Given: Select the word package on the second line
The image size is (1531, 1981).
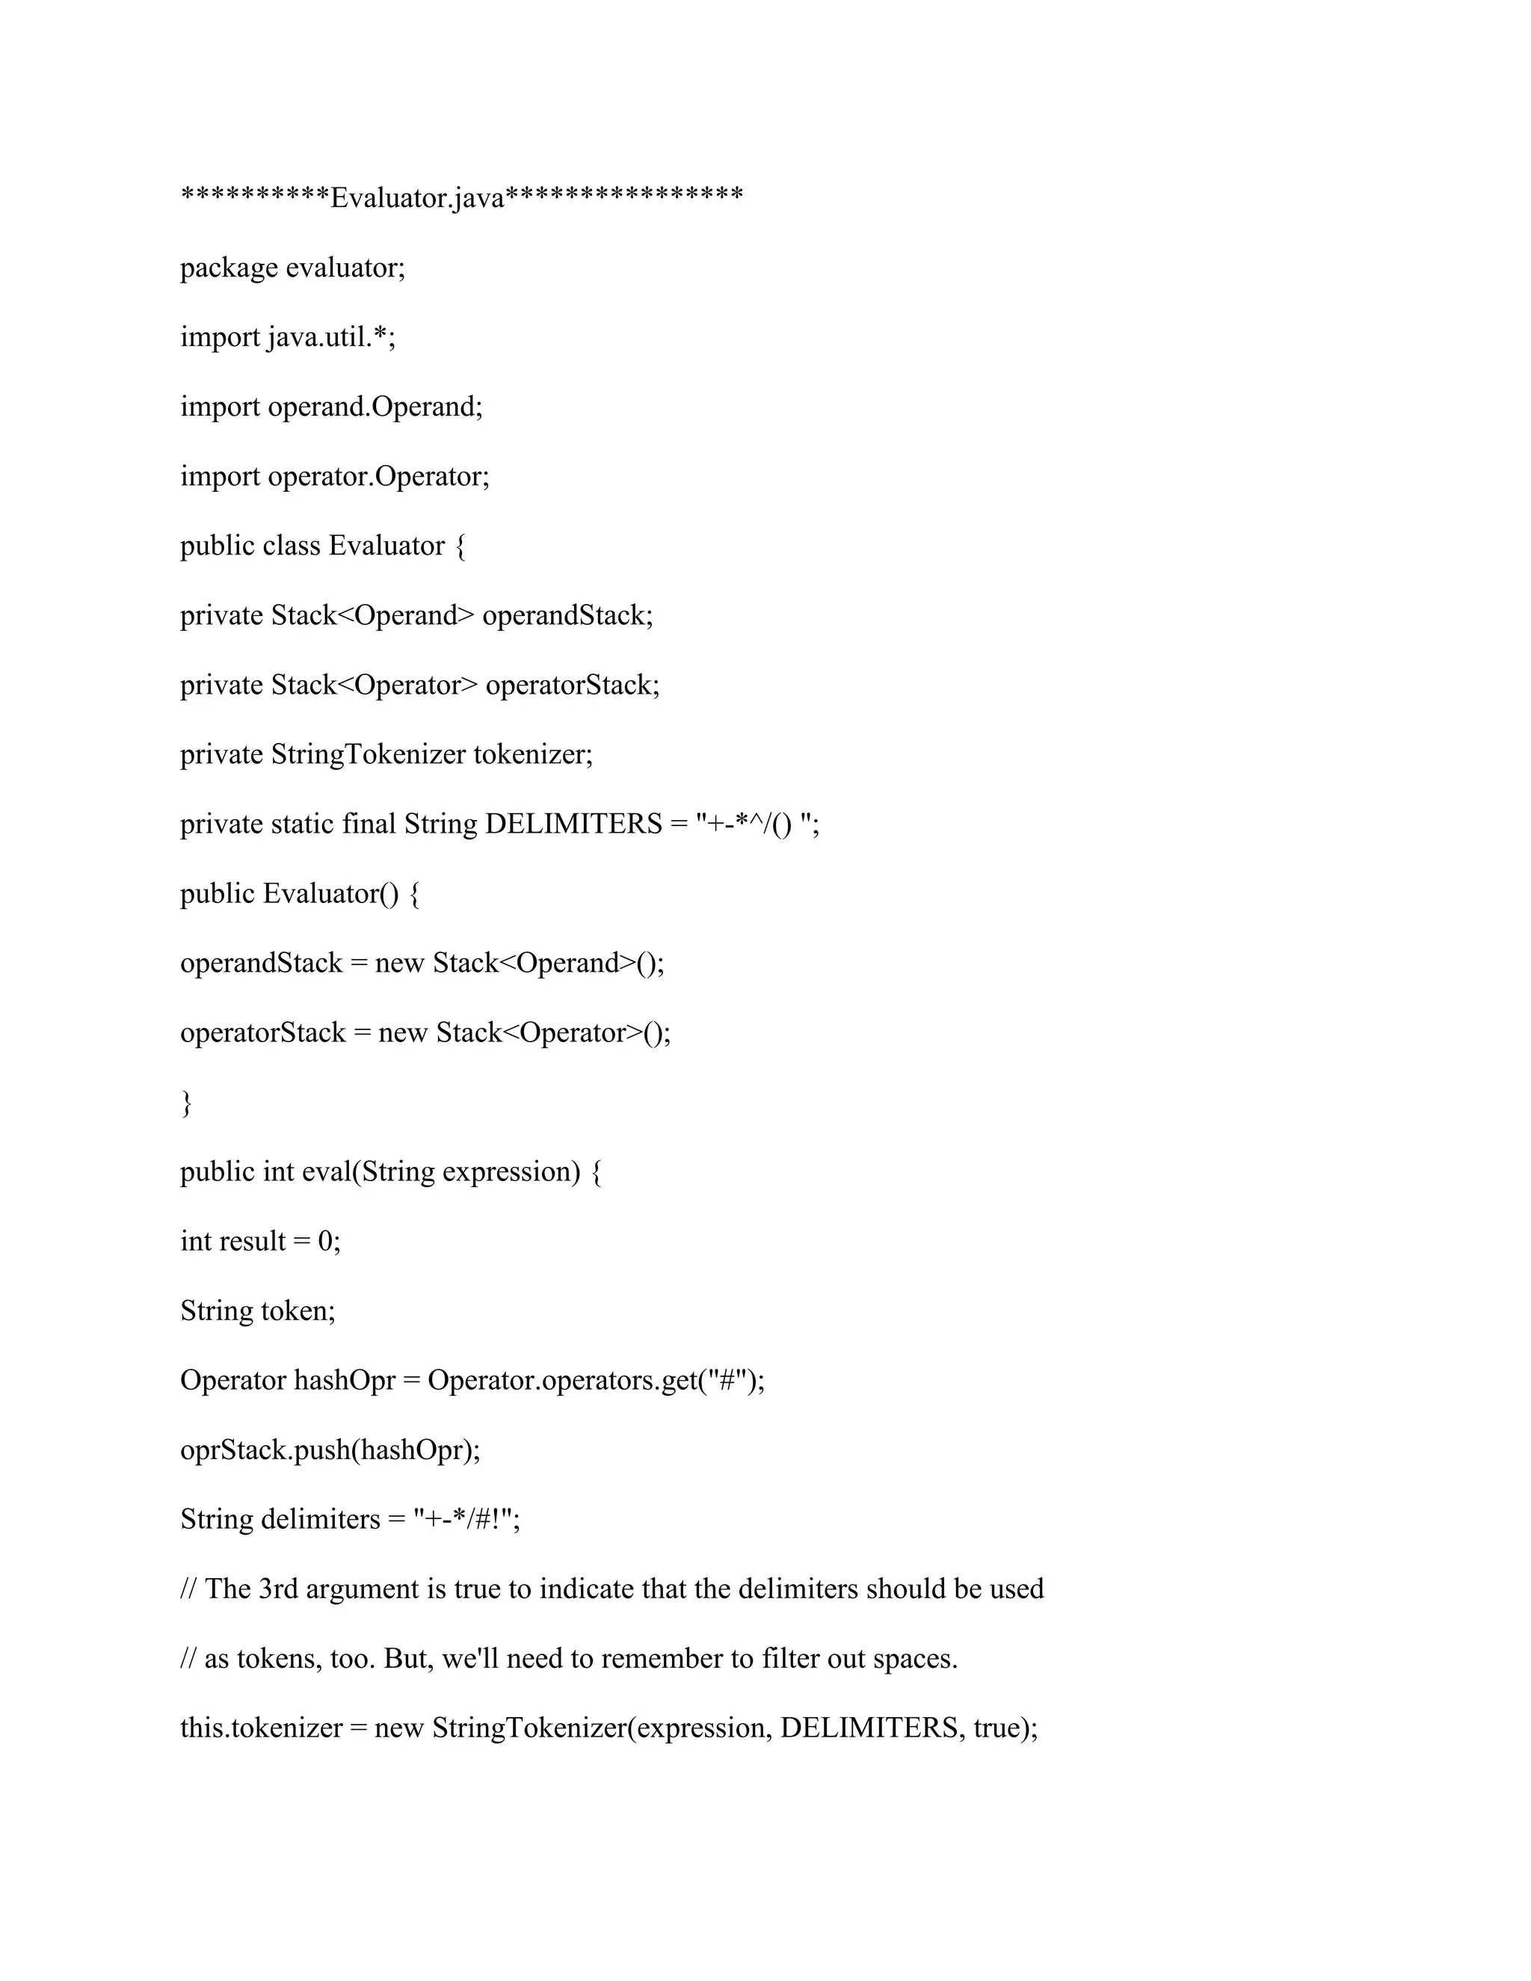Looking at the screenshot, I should [229, 268].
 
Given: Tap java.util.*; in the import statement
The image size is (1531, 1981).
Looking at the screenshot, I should [332, 337].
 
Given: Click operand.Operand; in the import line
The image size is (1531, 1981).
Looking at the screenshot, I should [375, 407].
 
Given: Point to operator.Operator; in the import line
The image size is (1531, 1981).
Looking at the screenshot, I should [378, 476].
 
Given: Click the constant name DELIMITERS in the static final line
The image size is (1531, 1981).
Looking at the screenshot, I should [574, 825].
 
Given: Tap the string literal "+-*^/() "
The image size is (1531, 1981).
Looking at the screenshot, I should [757, 825].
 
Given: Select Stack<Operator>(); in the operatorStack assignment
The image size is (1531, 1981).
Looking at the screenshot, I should [553, 1033].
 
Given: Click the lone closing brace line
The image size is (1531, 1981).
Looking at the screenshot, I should [187, 1103].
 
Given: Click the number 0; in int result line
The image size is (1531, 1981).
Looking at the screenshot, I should [329, 1242].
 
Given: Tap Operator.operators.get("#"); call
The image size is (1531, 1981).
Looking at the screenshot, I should [596, 1381].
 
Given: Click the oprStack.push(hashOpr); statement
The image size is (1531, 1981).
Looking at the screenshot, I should [330, 1450].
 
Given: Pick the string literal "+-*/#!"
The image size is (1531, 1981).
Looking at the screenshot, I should [465, 1519].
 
